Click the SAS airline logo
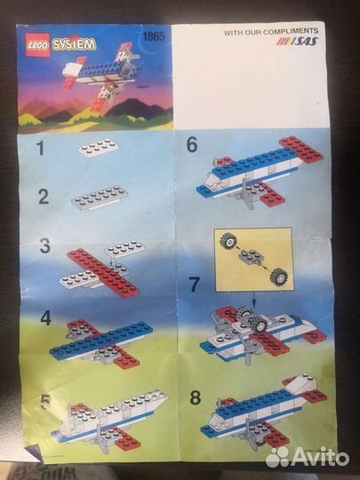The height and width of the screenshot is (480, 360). click(300, 42)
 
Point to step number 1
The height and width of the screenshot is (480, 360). click(40, 148)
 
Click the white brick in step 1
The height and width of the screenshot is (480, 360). click(99, 147)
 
